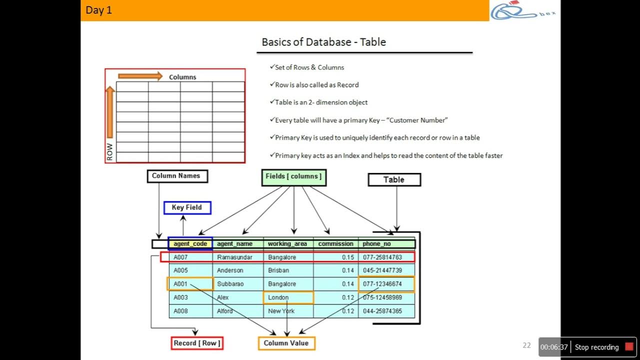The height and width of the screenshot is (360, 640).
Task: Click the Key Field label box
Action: (x=187, y=207)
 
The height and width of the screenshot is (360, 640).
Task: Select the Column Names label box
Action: (x=176, y=176)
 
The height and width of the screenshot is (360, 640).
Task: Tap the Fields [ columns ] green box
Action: (x=293, y=177)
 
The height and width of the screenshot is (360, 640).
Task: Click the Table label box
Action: (x=394, y=180)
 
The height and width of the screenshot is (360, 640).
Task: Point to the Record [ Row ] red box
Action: (x=196, y=343)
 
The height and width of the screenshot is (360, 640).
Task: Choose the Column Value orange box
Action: (x=286, y=343)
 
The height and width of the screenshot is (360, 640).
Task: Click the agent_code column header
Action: (x=190, y=244)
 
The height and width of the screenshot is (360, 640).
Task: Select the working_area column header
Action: (x=287, y=244)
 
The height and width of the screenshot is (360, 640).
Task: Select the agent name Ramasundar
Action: (x=234, y=257)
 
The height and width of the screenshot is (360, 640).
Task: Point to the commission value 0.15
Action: (x=348, y=257)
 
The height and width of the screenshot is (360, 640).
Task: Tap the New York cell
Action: (x=281, y=311)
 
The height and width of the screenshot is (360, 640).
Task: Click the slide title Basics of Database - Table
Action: (x=323, y=42)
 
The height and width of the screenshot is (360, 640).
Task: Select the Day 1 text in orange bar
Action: (x=99, y=10)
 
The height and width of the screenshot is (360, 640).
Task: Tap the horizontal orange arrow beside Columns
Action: (x=140, y=76)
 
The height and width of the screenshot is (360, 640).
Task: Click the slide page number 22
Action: (x=526, y=345)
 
